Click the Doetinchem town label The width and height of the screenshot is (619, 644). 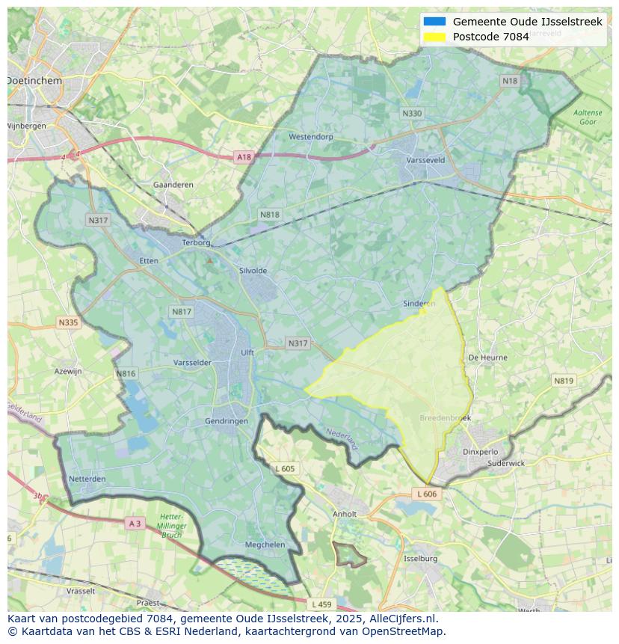click(34, 80)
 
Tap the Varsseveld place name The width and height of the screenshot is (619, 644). click(425, 160)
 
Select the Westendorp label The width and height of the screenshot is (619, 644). click(311, 137)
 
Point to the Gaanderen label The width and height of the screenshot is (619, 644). click(173, 185)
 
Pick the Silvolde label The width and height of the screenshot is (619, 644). click(253, 271)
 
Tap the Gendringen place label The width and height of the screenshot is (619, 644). click(227, 421)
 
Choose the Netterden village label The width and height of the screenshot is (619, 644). click(87, 479)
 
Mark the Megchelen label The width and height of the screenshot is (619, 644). click(265, 545)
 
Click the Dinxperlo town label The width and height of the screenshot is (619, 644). click(480, 452)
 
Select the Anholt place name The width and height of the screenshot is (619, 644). click(345, 514)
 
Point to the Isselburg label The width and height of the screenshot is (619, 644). click(420, 559)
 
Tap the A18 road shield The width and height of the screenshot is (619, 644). click(244, 157)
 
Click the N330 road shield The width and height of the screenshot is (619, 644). click(412, 114)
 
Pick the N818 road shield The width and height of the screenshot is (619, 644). click(270, 215)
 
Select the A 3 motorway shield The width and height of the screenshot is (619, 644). click(135, 524)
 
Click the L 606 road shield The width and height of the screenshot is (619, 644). click(426, 494)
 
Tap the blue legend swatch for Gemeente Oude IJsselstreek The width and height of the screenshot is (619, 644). click(434, 22)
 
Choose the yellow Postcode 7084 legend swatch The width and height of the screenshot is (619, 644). click(434, 37)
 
